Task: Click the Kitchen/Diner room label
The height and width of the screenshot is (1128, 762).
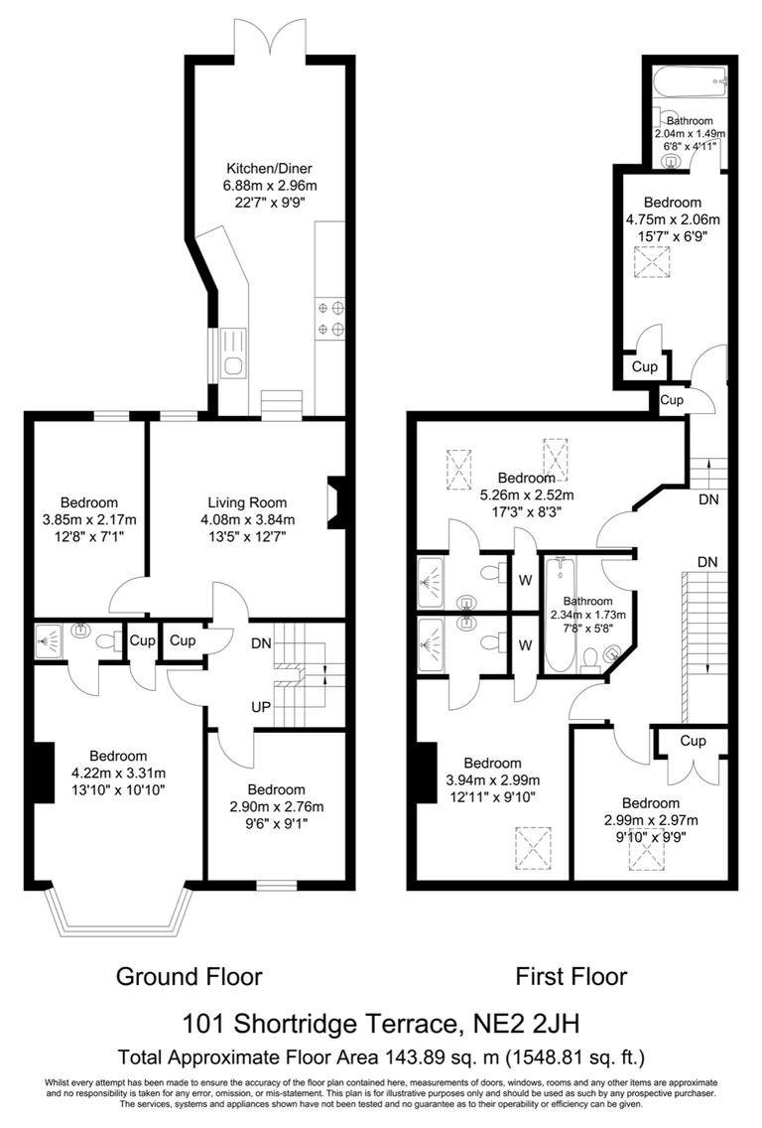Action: pos(270,168)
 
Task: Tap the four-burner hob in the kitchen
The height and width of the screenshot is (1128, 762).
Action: pos(331,318)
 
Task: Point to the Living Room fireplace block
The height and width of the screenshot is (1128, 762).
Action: pos(337,502)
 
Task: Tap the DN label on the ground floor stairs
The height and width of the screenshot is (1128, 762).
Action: pos(260,643)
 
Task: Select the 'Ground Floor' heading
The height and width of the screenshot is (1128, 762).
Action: pos(190,976)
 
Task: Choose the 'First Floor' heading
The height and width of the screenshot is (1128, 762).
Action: pos(571,976)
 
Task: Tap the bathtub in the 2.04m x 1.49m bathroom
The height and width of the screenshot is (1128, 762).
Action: pos(692,81)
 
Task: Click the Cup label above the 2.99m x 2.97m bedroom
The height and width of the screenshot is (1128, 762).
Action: pos(693,741)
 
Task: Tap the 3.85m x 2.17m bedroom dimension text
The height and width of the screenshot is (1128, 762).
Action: pos(88,519)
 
